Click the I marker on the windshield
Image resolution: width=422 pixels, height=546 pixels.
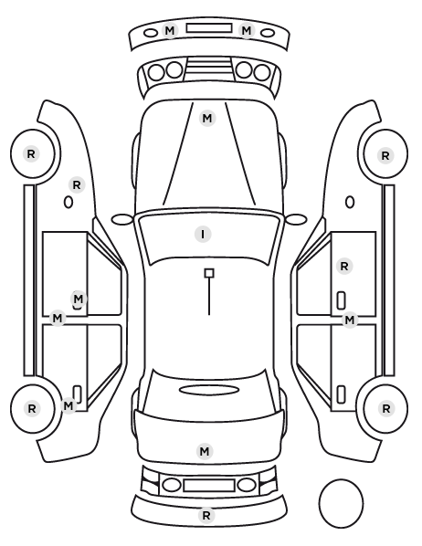pos(203,234)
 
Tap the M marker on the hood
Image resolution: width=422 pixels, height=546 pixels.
pos(207,119)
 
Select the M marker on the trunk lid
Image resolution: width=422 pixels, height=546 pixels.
pos(205,451)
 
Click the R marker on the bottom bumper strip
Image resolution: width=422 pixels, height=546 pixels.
pos(206,515)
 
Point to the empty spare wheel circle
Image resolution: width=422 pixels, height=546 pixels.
pos(341,503)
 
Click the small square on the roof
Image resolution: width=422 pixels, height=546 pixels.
pos(209,273)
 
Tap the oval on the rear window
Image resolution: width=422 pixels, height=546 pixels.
pos(209,390)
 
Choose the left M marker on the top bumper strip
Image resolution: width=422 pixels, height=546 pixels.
pos(170,31)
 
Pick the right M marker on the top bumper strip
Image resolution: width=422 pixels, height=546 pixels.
pos(247,31)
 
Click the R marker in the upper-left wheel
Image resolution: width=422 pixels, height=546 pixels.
pos(31,153)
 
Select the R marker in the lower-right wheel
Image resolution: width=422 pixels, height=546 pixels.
pos(385,408)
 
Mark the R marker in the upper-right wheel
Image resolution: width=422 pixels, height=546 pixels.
pos(385,155)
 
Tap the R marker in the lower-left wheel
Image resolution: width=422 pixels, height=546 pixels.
pos(32,408)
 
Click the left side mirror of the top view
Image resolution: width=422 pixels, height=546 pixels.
pos(122,220)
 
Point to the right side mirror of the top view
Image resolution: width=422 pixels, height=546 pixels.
pos(296,219)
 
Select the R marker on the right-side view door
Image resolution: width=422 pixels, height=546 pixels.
pos(344,267)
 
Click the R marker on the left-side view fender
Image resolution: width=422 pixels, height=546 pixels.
pos(77,185)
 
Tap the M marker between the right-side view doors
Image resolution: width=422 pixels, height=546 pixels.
pos(350,320)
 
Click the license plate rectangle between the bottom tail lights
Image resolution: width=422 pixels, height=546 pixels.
pos(209,485)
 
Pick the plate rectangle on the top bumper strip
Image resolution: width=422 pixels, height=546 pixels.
pos(209,28)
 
